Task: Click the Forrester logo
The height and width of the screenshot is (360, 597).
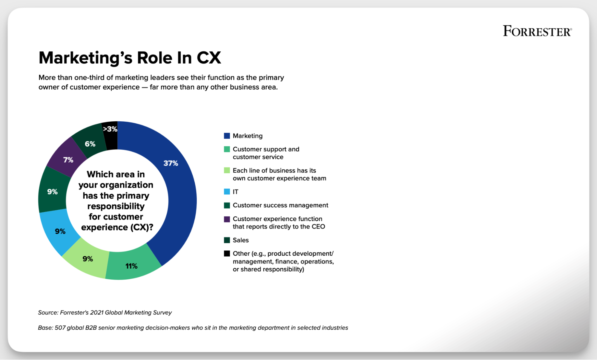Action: tap(537, 31)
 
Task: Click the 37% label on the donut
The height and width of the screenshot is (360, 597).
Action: tap(171, 163)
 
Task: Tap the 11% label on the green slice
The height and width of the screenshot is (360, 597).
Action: tap(131, 266)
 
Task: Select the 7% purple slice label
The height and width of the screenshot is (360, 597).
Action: tap(68, 160)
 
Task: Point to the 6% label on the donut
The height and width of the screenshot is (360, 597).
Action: tap(90, 144)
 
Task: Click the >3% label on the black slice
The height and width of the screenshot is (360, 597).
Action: tap(110, 129)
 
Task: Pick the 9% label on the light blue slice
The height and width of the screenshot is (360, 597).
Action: tap(60, 231)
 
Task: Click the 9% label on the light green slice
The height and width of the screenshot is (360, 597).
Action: tap(88, 259)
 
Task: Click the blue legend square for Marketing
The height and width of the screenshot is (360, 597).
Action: tap(227, 136)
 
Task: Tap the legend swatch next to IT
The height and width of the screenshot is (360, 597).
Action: tap(227, 192)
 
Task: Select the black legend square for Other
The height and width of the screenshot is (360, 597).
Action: tap(227, 254)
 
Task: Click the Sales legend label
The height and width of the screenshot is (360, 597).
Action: tap(241, 240)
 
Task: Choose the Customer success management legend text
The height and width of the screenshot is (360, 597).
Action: tap(280, 205)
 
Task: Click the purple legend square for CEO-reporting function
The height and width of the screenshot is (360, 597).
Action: tap(227, 219)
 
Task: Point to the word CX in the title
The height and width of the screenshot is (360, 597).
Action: tap(209, 58)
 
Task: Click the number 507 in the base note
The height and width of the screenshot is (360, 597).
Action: tap(60, 328)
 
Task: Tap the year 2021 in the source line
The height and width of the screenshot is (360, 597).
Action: tap(97, 312)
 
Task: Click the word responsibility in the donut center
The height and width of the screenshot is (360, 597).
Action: tap(116, 206)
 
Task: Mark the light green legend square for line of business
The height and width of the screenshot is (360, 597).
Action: tap(227, 171)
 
